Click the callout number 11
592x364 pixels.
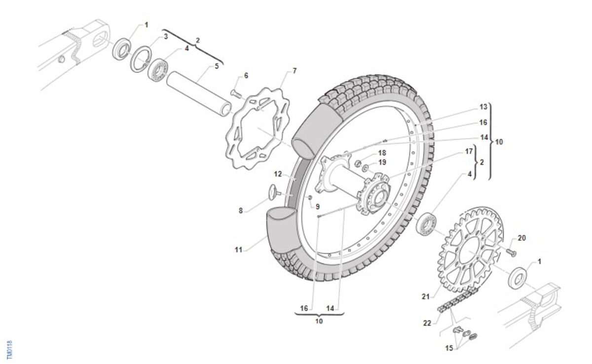[238, 250]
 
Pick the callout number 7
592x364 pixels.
[295, 71]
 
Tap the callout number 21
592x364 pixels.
[427, 296]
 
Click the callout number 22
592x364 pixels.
[427, 323]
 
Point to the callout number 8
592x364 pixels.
[241, 210]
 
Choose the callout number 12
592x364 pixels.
[278, 174]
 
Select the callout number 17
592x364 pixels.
[469, 151]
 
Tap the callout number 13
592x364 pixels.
[483, 107]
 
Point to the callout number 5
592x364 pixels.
[217, 66]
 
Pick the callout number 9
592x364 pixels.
[317, 207]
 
